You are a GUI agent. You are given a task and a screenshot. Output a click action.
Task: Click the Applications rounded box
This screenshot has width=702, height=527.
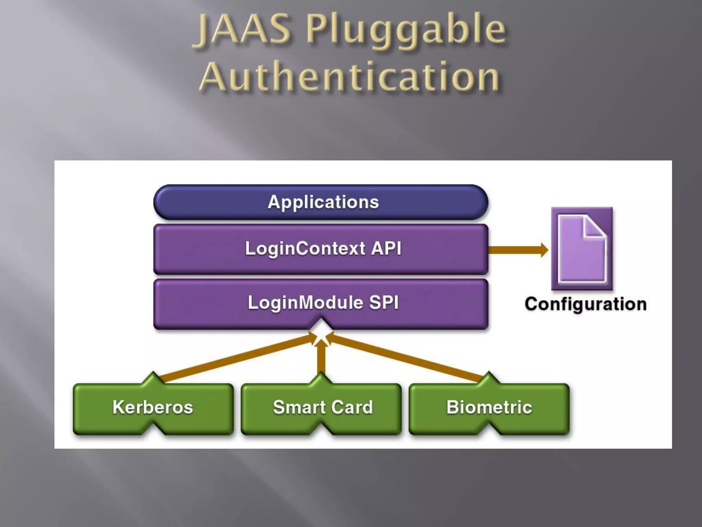(x=321, y=202)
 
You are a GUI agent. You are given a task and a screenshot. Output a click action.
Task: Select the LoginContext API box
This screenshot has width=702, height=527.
(x=321, y=249)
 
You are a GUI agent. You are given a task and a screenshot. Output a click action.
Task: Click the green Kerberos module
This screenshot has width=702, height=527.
(x=153, y=408)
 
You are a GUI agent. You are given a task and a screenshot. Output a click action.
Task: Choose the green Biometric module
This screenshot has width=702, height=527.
(x=489, y=408)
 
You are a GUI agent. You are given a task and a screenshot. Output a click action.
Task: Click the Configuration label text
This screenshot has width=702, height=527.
(x=585, y=304)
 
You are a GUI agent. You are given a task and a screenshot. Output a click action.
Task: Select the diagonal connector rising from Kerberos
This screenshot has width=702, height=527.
(x=237, y=358)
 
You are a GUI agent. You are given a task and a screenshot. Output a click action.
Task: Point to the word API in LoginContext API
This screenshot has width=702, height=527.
(x=386, y=248)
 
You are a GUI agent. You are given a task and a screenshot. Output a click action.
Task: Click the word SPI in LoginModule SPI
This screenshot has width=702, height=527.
(x=384, y=303)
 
